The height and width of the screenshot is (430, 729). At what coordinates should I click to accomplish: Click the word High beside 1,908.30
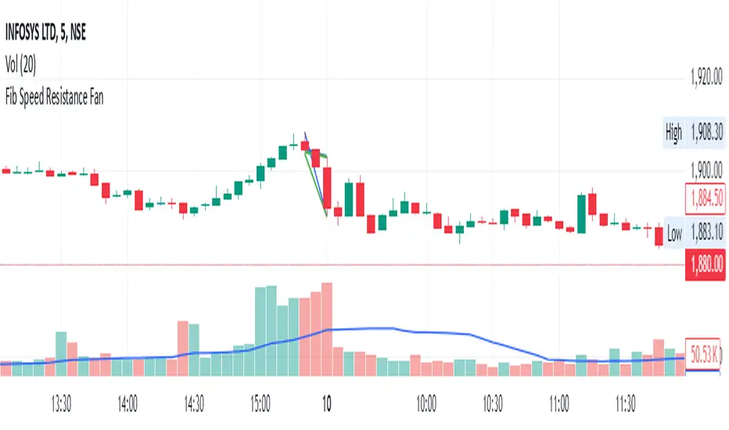(x=673, y=133)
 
